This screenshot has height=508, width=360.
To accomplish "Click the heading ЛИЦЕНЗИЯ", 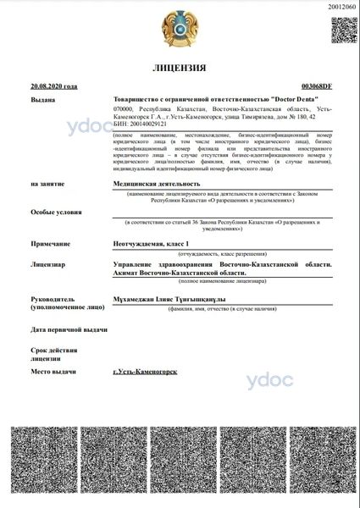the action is (180, 67).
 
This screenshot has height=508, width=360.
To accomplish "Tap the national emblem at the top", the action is (180, 28).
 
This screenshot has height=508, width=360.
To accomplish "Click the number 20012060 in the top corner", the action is (343, 5).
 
